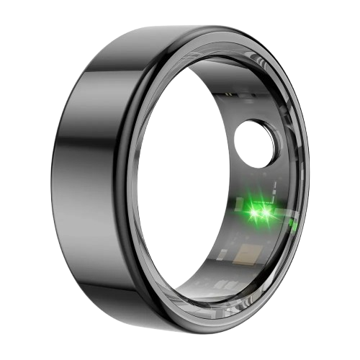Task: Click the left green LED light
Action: pyautogui.click(x=253, y=212)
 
